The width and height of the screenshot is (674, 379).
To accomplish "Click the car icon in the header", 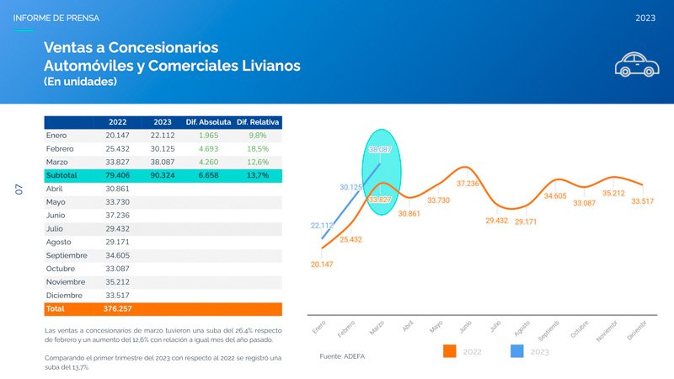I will (x=636, y=65).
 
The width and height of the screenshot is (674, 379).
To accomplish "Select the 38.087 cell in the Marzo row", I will (x=162, y=162).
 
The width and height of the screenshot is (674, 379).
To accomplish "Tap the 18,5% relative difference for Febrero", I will (x=258, y=148).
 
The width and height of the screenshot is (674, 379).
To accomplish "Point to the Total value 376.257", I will (x=117, y=309).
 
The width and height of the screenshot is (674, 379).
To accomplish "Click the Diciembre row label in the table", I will (x=64, y=296).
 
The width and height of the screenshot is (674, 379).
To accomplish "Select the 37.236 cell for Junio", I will (x=117, y=216).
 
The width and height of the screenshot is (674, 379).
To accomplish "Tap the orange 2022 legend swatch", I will (x=449, y=351).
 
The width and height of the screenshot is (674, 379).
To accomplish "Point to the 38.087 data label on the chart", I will (x=381, y=150).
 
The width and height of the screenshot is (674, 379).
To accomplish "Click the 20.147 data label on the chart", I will (x=322, y=264).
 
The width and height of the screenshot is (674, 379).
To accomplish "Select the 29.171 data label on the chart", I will (x=526, y=222).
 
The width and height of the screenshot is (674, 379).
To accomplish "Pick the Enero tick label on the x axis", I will (x=318, y=326).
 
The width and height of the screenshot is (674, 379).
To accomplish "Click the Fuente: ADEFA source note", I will (x=342, y=357).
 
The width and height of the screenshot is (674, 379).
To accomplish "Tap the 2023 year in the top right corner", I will (x=645, y=18).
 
